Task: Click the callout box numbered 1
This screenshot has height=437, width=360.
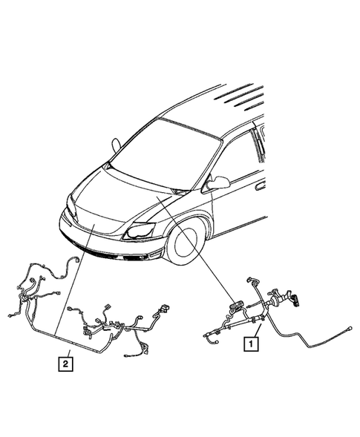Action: click(x=252, y=344)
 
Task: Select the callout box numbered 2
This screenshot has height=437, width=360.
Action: click(x=67, y=363)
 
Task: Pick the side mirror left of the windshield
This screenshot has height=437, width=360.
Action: click(x=116, y=145)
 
